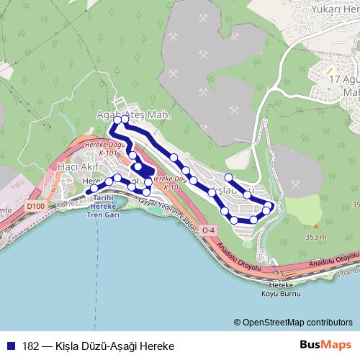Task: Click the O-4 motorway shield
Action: (x=209, y=230)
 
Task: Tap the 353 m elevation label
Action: (x=315, y=237)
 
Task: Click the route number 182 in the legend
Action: (x=30, y=345)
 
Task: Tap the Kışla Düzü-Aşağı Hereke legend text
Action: (x=114, y=345)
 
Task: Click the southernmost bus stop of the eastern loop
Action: (x=234, y=220)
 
